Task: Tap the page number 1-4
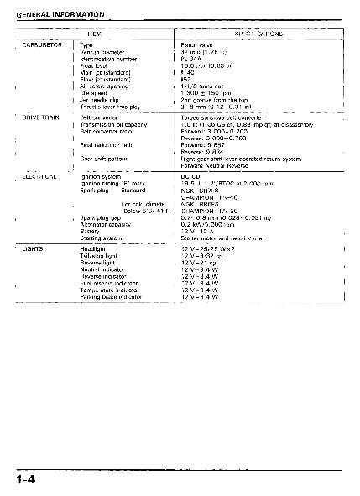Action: [x=23, y=479]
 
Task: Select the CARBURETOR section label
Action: [x=40, y=44]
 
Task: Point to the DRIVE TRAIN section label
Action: [x=39, y=119]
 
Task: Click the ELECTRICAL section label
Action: [x=39, y=177]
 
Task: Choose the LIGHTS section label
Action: [x=34, y=249]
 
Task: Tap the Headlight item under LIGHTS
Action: [x=91, y=249]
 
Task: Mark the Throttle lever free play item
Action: [x=112, y=107]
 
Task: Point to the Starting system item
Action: [x=101, y=238]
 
